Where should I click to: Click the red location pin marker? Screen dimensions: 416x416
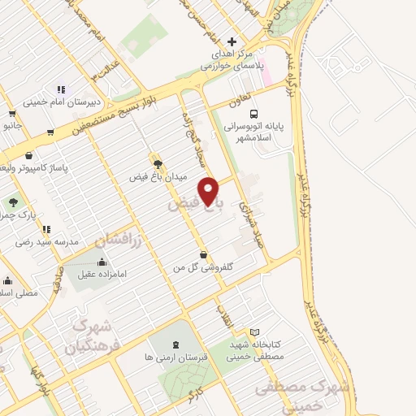[209, 191]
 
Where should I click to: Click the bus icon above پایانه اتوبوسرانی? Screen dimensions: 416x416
[253, 114]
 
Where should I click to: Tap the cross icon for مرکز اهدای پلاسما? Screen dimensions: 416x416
[232, 42]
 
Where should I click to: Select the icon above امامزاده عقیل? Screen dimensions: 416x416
[102, 262]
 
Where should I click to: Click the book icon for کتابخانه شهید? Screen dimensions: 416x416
[255, 332]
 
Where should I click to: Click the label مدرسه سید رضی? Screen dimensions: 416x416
[45, 242]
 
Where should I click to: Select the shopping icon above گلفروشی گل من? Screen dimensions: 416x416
[202, 254]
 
